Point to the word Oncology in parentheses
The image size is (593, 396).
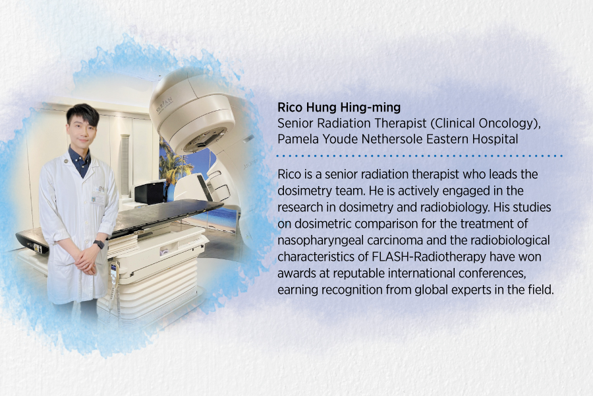pos(470,123)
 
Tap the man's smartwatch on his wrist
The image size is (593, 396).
pos(98,244)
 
